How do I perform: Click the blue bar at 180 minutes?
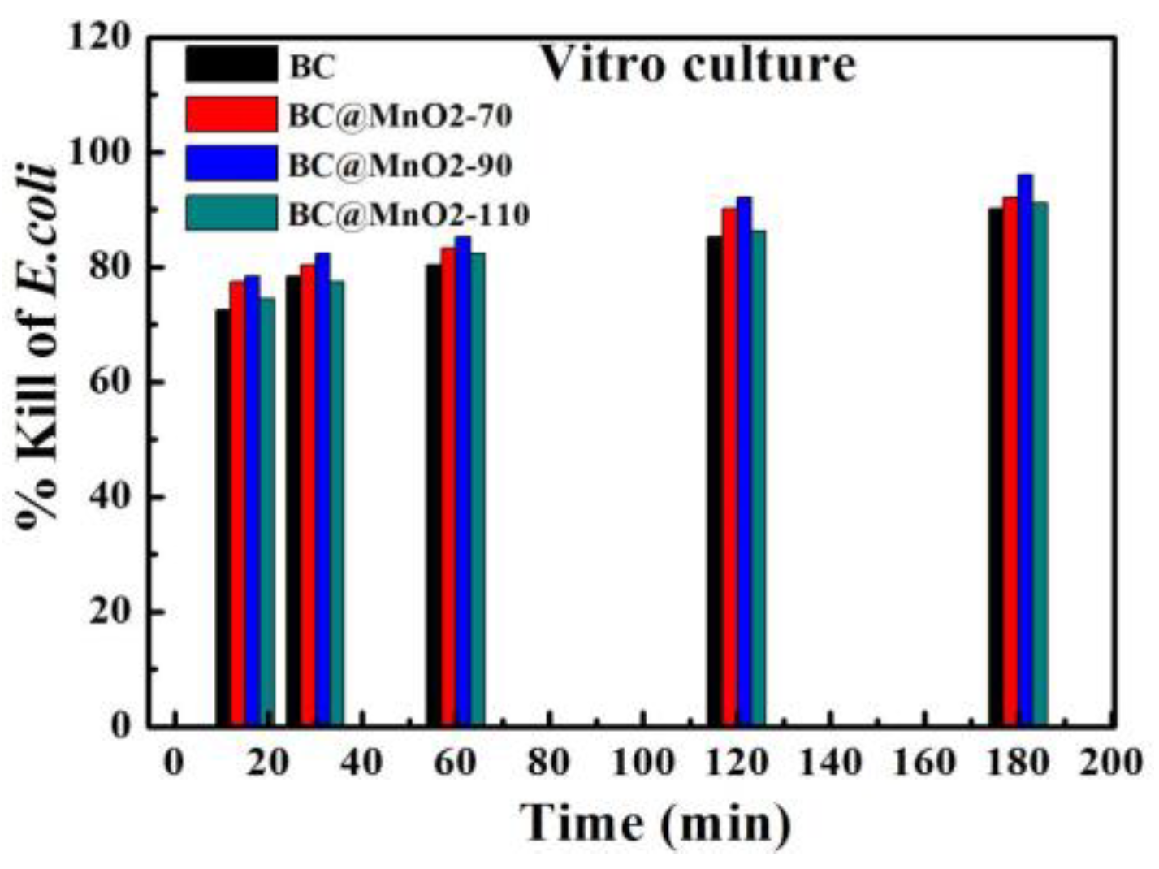[x=1024, y=451]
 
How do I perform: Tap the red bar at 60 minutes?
[x=448, y=487]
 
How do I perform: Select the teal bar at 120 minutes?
[x=758, y=478]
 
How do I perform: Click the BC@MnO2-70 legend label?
[x=400, y=116]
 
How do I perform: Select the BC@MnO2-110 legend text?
[x=409, y=214]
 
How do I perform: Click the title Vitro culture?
[x=698, y=64]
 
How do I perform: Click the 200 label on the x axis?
[x=1111, y=763]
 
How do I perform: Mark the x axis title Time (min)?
[x=655, y=823]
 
